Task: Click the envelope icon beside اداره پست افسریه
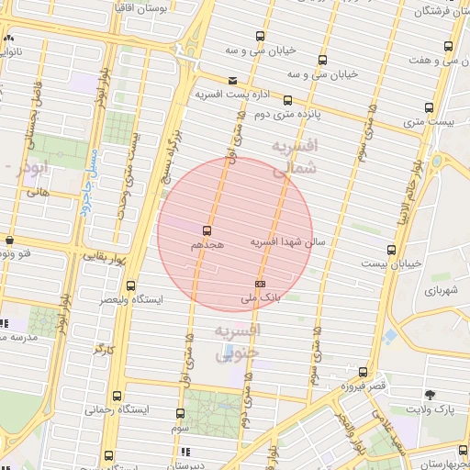232,81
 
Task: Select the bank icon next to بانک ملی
260,285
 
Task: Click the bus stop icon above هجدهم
206,230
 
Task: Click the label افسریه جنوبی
238,340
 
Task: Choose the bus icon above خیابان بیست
392,250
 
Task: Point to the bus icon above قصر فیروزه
364,372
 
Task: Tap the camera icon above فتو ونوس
9,241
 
